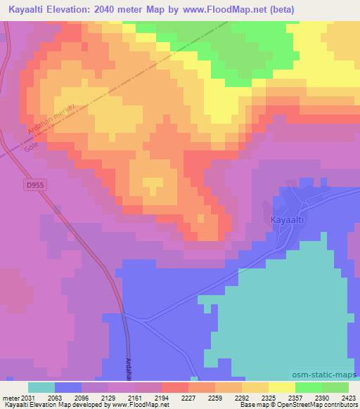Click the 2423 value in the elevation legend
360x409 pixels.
click(x=349, y=398)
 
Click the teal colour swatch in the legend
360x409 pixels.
click(x=41, y=387)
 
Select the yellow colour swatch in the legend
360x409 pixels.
click(x=281, y=387)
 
